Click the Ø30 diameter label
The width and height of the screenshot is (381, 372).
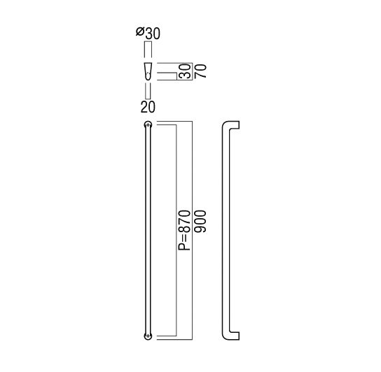pos(148,33)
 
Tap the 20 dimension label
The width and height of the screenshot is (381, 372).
pos(148,107)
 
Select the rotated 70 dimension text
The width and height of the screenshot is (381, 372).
pos(200,71)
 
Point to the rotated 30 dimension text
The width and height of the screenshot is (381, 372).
pos(185,71)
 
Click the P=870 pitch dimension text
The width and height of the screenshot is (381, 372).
pos(184,230)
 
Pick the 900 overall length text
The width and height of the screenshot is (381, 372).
pos(200,222)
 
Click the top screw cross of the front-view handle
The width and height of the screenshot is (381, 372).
pos(148,124)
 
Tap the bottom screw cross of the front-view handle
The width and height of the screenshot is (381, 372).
pos(148,336)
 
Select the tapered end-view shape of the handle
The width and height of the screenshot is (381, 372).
pos(148,71)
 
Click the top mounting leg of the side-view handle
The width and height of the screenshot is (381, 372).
pos(234,124)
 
